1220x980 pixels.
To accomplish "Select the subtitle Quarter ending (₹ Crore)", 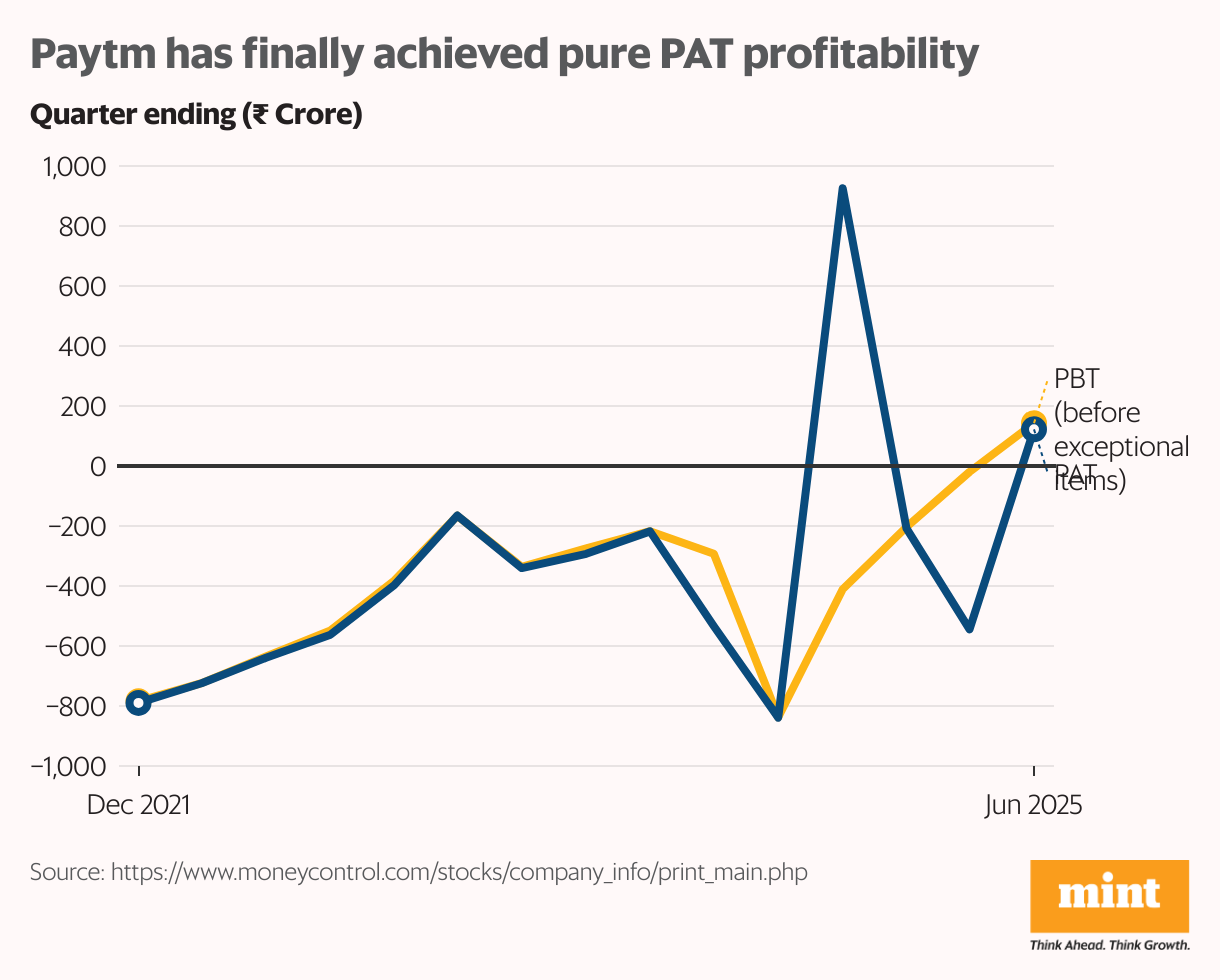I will (x=196, y=115).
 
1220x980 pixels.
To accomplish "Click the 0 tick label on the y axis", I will (x=98, y=467).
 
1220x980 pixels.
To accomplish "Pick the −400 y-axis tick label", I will (x=76, y=587).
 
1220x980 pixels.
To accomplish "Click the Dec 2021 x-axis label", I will (x=139, y=806).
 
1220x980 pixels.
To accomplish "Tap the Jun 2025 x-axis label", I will (x=1033, y=806).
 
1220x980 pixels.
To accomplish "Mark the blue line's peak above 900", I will (x=843, y=188).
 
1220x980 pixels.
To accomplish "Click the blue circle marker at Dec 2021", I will (x=139, y=703).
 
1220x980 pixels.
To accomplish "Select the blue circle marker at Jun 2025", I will (x=1033, y=429).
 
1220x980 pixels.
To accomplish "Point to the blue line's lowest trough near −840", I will (x=778, y=717).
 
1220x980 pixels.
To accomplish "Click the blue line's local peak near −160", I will (x=457, y=516).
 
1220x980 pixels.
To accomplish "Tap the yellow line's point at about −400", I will (x=843, y=589).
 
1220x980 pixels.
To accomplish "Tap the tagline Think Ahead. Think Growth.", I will (x=1109, y=945).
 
